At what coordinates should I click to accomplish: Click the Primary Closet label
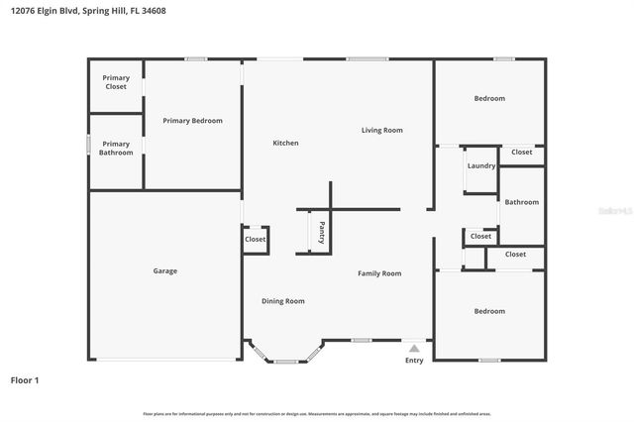click(116, 83)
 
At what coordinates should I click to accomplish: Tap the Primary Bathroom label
click(116, 148)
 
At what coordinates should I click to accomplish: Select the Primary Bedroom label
click(192, 121)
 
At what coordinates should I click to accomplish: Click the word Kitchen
click(285, 143)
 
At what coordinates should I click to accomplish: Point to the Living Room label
click(381, 130)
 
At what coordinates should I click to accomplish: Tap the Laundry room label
click(481, 165)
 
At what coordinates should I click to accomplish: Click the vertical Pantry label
click(322, 234)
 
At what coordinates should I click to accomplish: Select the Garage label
click(164, 270)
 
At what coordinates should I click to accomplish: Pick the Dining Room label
click(282, 301)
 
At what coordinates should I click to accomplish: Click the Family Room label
click(378, 273)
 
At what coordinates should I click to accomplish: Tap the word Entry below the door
click(414, 360)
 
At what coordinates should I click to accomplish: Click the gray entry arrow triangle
click(414, 348)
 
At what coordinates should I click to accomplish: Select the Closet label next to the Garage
click(255, 239)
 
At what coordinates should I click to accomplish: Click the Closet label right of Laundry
click(521, 153)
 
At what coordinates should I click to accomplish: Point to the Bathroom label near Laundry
click(521, 202)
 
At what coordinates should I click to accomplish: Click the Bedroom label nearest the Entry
click(488, 311)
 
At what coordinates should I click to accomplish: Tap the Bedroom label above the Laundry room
click(488, 98)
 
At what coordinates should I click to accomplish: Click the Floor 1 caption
click(25, 379)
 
